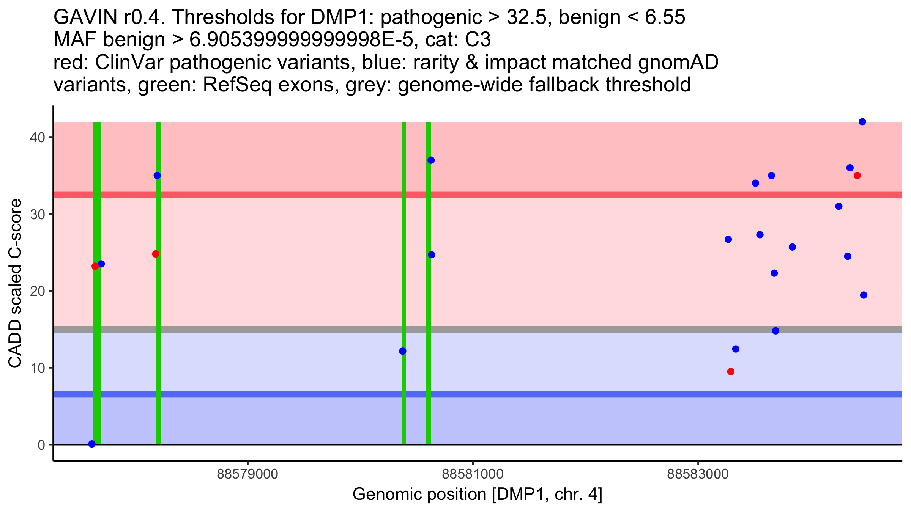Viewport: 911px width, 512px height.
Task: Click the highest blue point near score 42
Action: [x=862, y=122]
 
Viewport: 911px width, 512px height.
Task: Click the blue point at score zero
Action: [x=92, y=444]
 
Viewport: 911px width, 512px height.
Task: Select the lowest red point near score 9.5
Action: [x=731, y=371]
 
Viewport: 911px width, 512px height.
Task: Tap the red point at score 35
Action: [x=857, y=176]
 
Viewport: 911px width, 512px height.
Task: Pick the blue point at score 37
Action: [x=431, y=160]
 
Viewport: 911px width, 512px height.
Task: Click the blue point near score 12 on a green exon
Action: [x=403, y=351]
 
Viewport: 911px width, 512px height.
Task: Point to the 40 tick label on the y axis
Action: [x=37, y=137]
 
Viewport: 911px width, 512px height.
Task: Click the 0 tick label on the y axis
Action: [x=41, y=445]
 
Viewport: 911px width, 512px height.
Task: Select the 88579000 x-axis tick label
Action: [x=247, y=474]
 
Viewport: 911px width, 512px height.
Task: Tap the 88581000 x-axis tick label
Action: [x=473, y=474]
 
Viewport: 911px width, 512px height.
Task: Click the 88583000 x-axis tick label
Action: [x=698, y=474]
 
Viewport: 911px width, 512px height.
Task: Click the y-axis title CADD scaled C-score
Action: [x=15, y=283]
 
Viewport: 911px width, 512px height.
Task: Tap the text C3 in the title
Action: [x=478, y=40]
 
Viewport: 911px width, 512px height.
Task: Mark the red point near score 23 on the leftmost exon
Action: [x=95, y=266]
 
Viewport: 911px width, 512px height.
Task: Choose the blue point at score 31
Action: [x=839, y=206]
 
